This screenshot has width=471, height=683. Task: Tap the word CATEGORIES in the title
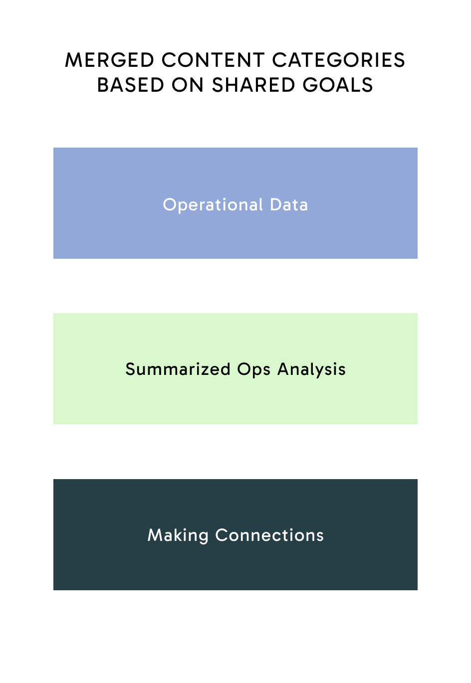tap(338, 60)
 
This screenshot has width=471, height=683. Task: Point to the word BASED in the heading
tap(131, 85)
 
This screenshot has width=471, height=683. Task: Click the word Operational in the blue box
tap(213, 205)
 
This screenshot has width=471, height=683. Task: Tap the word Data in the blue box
tap(289, 205)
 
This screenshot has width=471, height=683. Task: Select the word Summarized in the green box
tap(178, 369)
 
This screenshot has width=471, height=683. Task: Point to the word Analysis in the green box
tap(311, 369)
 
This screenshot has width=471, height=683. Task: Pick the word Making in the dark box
tap(178, 535)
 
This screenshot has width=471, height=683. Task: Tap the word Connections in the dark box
tap(269, 535)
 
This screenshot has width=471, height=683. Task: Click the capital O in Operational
tap(169, 205)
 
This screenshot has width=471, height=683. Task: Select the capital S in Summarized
tap(130, 369)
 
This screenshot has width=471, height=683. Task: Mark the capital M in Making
tap(154, 535)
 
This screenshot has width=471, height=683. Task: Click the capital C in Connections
tap(221, 535)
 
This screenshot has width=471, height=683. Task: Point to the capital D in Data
tap(275, 205)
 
